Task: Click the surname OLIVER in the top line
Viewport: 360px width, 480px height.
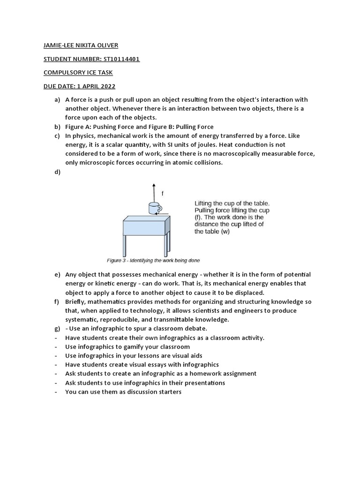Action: (x=106, y=45)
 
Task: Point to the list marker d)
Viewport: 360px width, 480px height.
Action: (x=58, y=172)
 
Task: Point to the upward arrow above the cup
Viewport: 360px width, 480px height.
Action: (x=152, y=192)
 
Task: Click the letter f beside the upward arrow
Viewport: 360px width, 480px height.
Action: (x=163, y=193)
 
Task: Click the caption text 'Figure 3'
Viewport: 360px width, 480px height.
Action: (x=117, y=261)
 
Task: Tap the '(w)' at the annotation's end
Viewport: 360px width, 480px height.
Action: (x=225, y=232)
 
